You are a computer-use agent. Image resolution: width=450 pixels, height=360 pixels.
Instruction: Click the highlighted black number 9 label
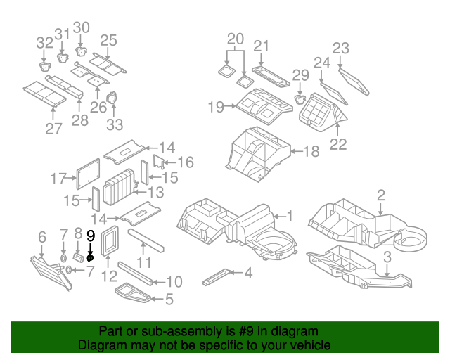coord(91,236)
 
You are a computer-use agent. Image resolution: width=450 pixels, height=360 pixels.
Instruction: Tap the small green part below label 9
coord(90,258)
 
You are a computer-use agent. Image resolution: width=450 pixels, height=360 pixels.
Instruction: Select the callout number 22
coord(338,144)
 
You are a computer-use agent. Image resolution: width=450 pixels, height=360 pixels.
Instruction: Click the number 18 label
coord(311,151)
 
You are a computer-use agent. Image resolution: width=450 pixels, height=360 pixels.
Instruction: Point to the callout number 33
coord(115,125)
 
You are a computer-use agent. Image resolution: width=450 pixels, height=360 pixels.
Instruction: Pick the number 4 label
coord(248,273)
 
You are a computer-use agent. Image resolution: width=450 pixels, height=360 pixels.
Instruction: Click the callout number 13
coord(156,193)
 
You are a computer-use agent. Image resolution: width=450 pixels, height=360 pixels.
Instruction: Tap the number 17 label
coord(58,179)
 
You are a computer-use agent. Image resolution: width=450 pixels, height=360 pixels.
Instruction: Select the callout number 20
coord(236,39)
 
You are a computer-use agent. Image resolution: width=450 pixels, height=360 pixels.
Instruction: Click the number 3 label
coord(387,257)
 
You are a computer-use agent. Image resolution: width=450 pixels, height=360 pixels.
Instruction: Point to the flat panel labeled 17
coord(88,174)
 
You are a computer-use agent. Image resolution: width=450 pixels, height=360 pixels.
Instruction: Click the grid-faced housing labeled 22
coord(323,112)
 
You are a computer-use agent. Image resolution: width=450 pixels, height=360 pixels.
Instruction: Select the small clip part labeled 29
coord(300,100)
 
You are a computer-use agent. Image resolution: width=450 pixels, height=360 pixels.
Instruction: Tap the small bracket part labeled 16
coord(158,162)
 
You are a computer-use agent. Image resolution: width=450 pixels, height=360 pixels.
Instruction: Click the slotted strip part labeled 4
coord(216,277)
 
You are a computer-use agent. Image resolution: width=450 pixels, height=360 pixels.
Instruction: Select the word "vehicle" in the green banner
coord(312,345)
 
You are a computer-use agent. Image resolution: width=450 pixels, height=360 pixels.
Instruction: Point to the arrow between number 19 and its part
coord(230,106)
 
